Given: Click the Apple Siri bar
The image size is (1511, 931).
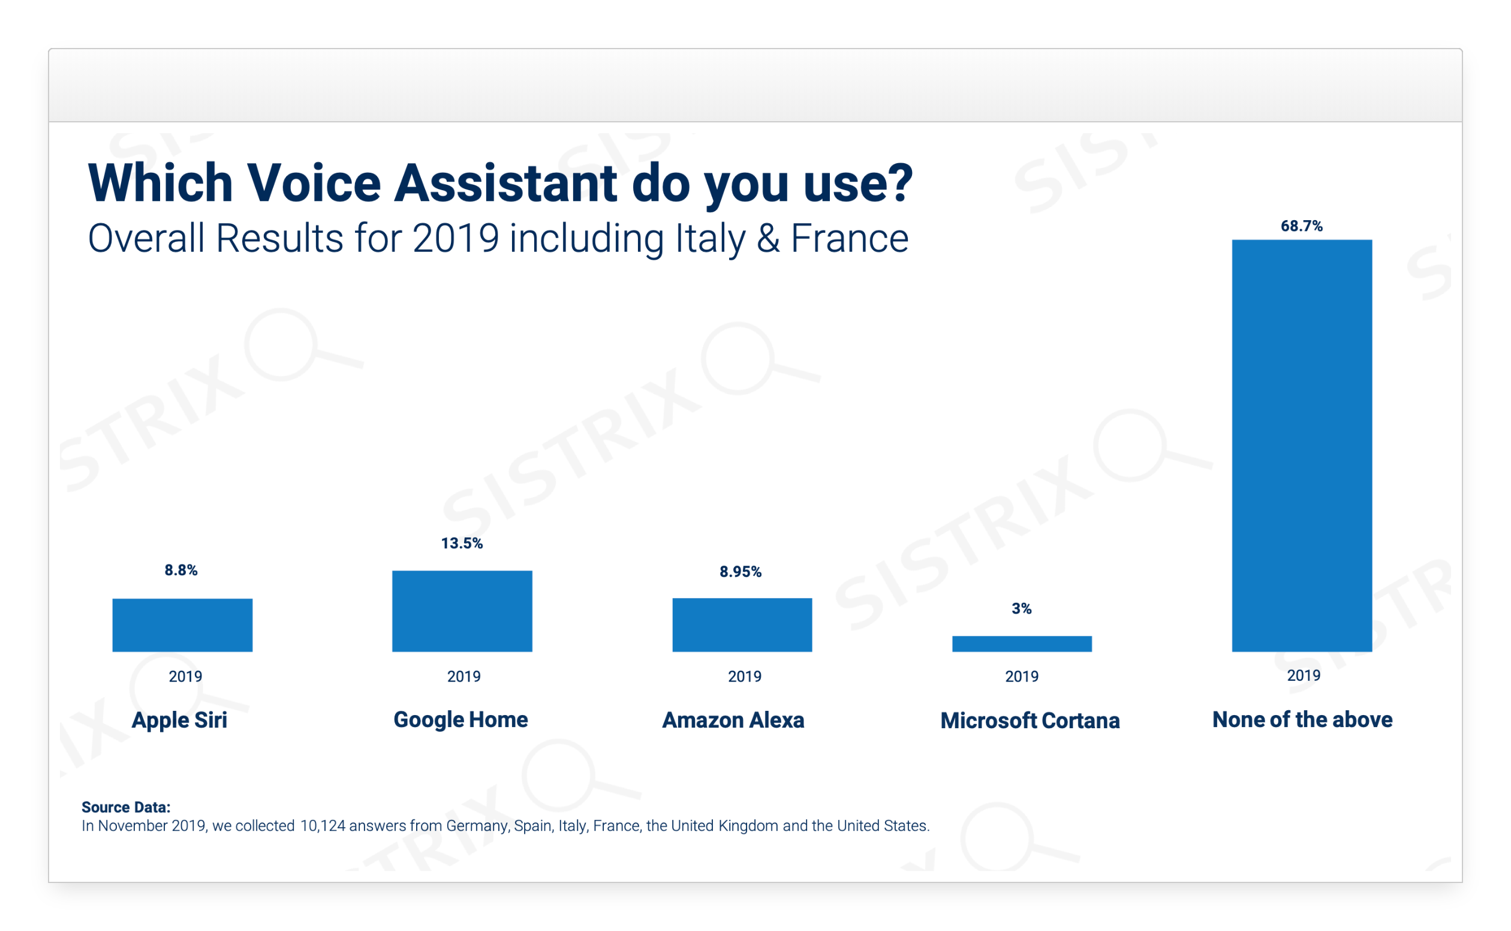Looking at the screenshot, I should click(x=182, y=624).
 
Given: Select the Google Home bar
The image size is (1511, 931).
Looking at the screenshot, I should click(x=462, y=611).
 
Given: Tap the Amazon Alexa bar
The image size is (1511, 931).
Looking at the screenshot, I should click(x=742, y=624).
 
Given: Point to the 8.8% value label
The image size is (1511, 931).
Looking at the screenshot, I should click(x=181, y=570).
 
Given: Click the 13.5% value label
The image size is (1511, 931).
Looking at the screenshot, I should click(x=462, y=543).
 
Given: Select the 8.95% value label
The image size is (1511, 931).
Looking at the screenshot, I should click(x=741, y=572).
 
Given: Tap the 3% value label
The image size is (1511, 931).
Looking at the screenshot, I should click(x=1021, y=608).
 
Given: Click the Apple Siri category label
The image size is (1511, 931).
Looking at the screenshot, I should click(x=179, y=720).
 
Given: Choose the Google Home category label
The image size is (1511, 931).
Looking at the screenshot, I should click(x=460, y=719).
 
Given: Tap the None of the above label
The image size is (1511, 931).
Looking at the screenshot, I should click(x=1302, y=719).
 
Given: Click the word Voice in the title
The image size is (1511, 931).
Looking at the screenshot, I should click(x=314, y=183).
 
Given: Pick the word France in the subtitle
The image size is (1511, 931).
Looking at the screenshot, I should click(x=849, y=238).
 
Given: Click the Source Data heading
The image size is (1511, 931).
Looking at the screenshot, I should click(x=125, y=807).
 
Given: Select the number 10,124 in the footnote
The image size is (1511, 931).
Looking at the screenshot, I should click(x=323, y=825).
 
